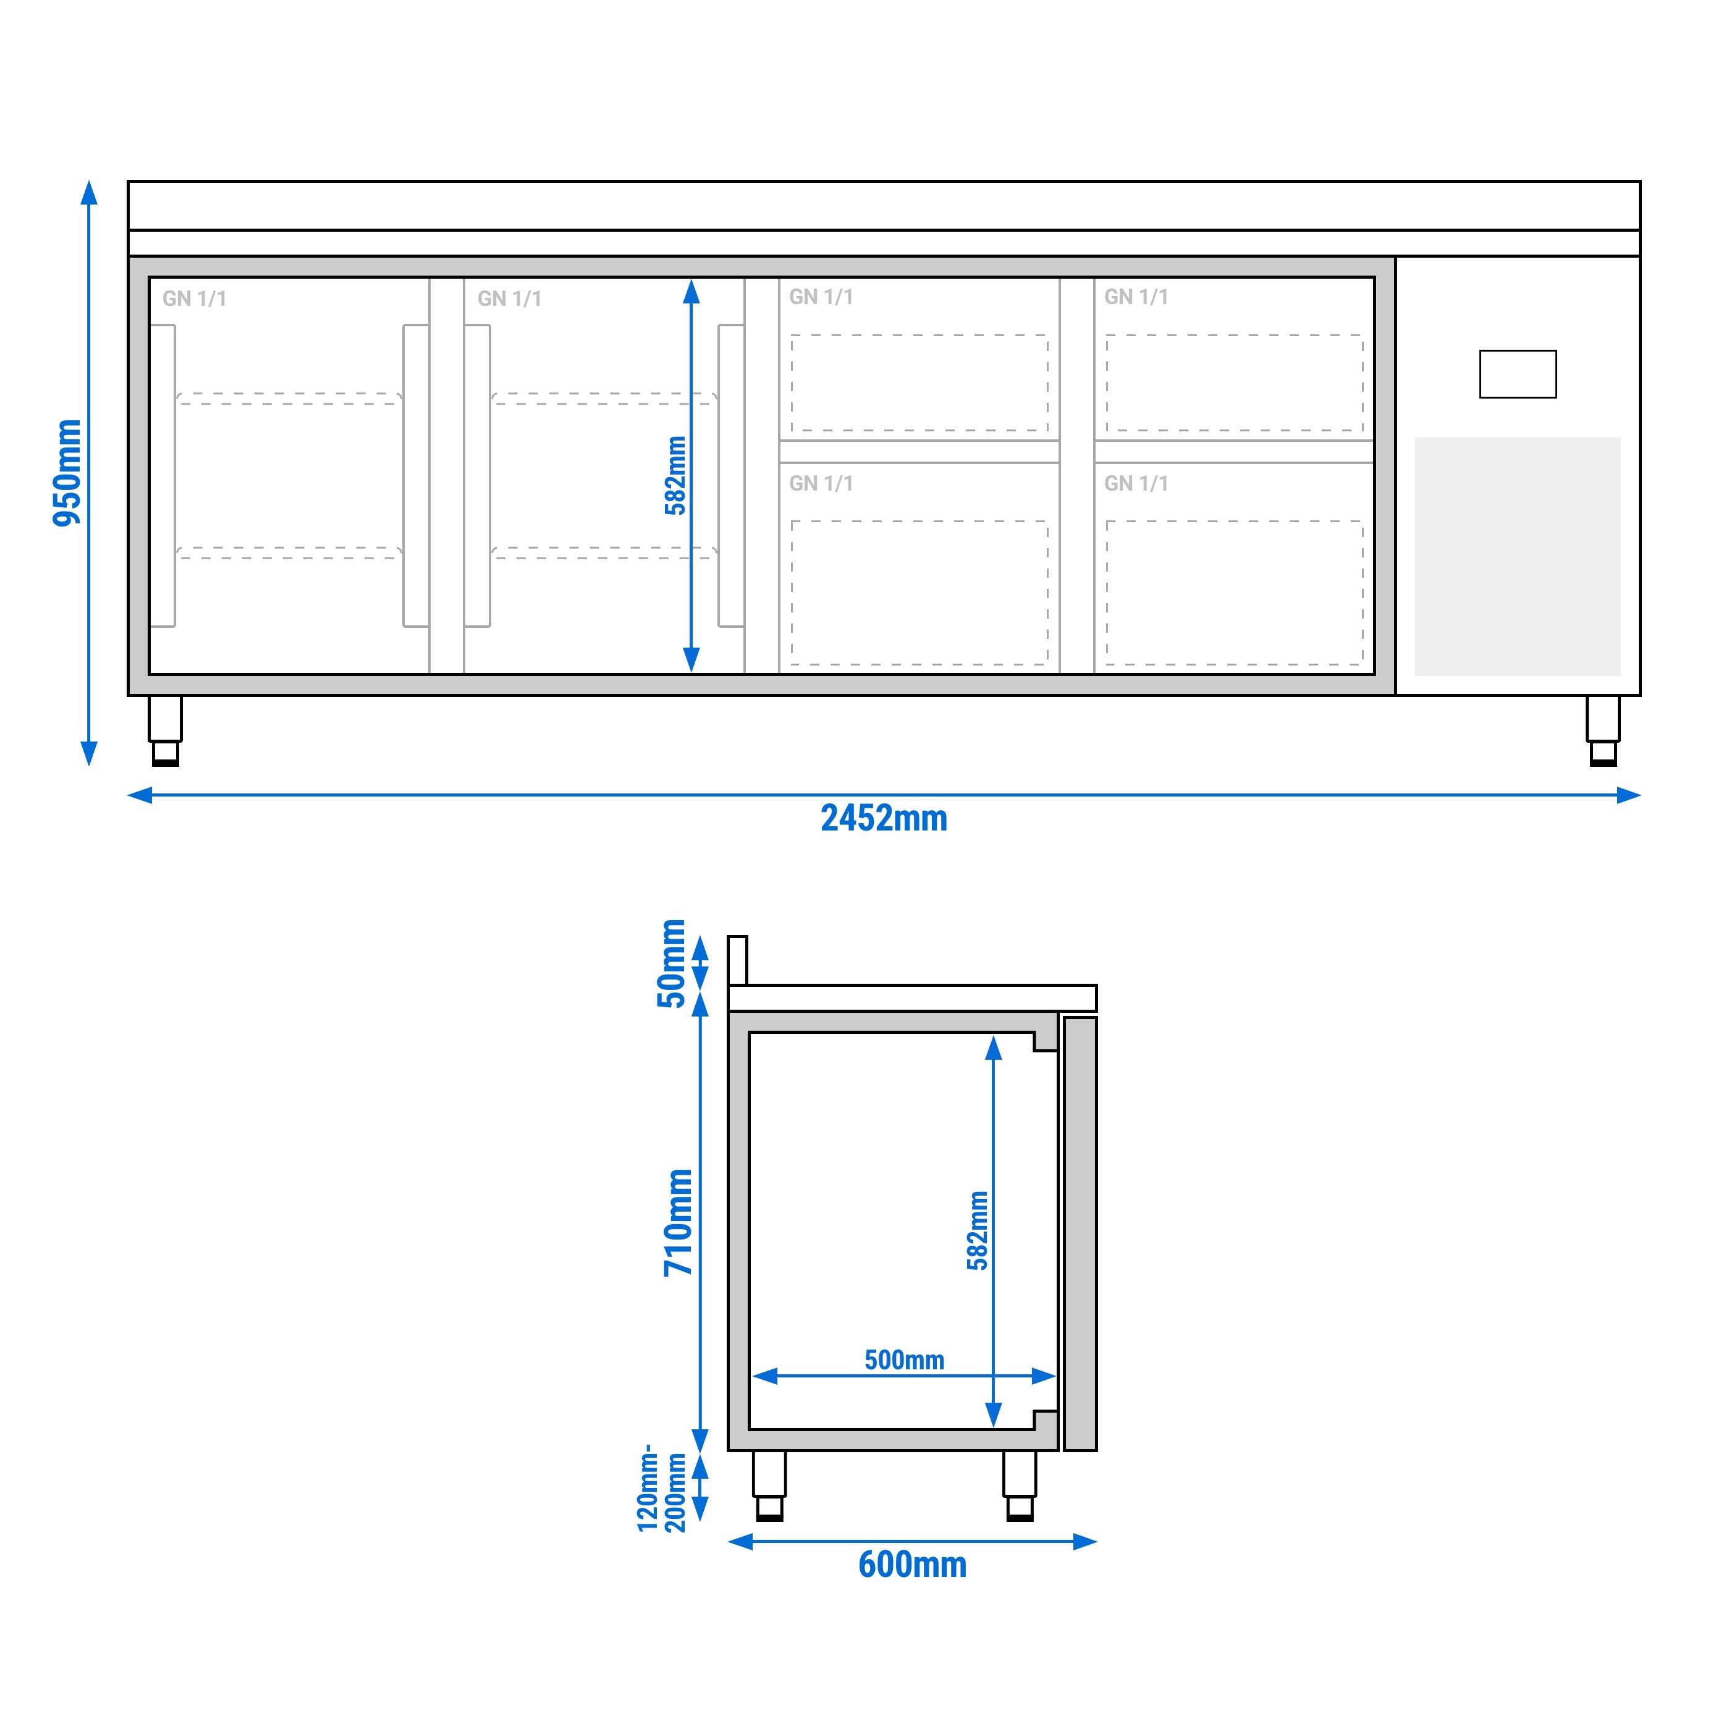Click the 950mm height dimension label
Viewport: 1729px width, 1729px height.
67,473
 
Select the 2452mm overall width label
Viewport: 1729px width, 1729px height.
883,819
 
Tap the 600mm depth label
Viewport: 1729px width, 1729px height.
912,1565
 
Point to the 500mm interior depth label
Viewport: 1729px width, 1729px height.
904,1360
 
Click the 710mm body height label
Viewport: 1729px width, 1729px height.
677,1222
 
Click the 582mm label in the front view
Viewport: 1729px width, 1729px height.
675,475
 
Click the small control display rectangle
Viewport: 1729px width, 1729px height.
1518,374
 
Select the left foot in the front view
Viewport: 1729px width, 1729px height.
166,731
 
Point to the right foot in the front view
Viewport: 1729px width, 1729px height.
1603,731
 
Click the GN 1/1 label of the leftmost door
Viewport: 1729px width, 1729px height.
194,299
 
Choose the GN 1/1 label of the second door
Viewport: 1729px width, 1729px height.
509,299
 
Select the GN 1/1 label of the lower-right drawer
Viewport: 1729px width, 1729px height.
1136,484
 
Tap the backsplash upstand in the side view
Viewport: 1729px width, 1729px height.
737,960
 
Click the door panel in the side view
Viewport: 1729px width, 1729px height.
1080,1233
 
